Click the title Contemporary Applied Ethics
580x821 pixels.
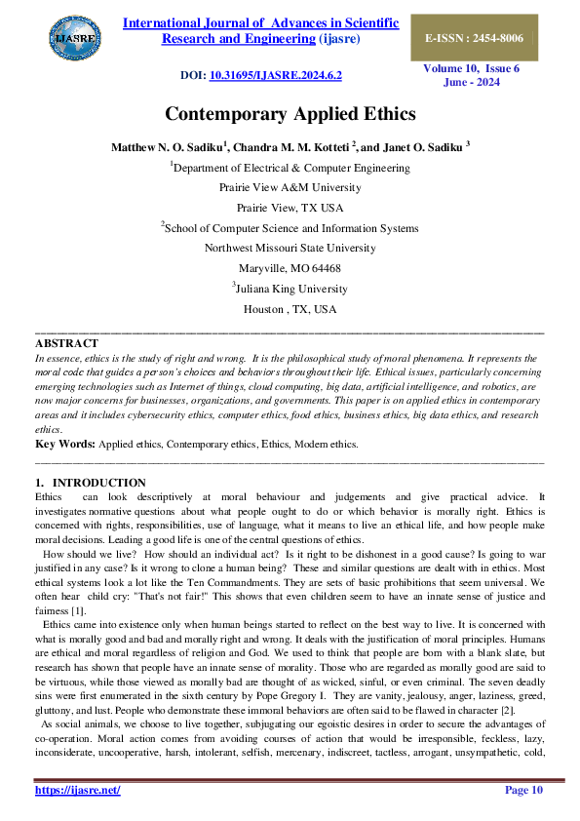tap(290, 114)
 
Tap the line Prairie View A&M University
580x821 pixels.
tap(290, 187)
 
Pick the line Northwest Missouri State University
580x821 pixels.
tap(290, 248)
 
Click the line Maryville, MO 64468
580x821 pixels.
tap(290, 268)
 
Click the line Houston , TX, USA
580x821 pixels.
tap(290, 309)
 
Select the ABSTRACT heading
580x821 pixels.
tap(66, 343)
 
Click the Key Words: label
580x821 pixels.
tap(64, 444)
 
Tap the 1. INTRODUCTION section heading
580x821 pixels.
tap(91, 483)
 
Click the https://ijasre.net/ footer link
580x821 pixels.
tap(78, 790)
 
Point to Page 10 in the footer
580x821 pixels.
tap(522, 790)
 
